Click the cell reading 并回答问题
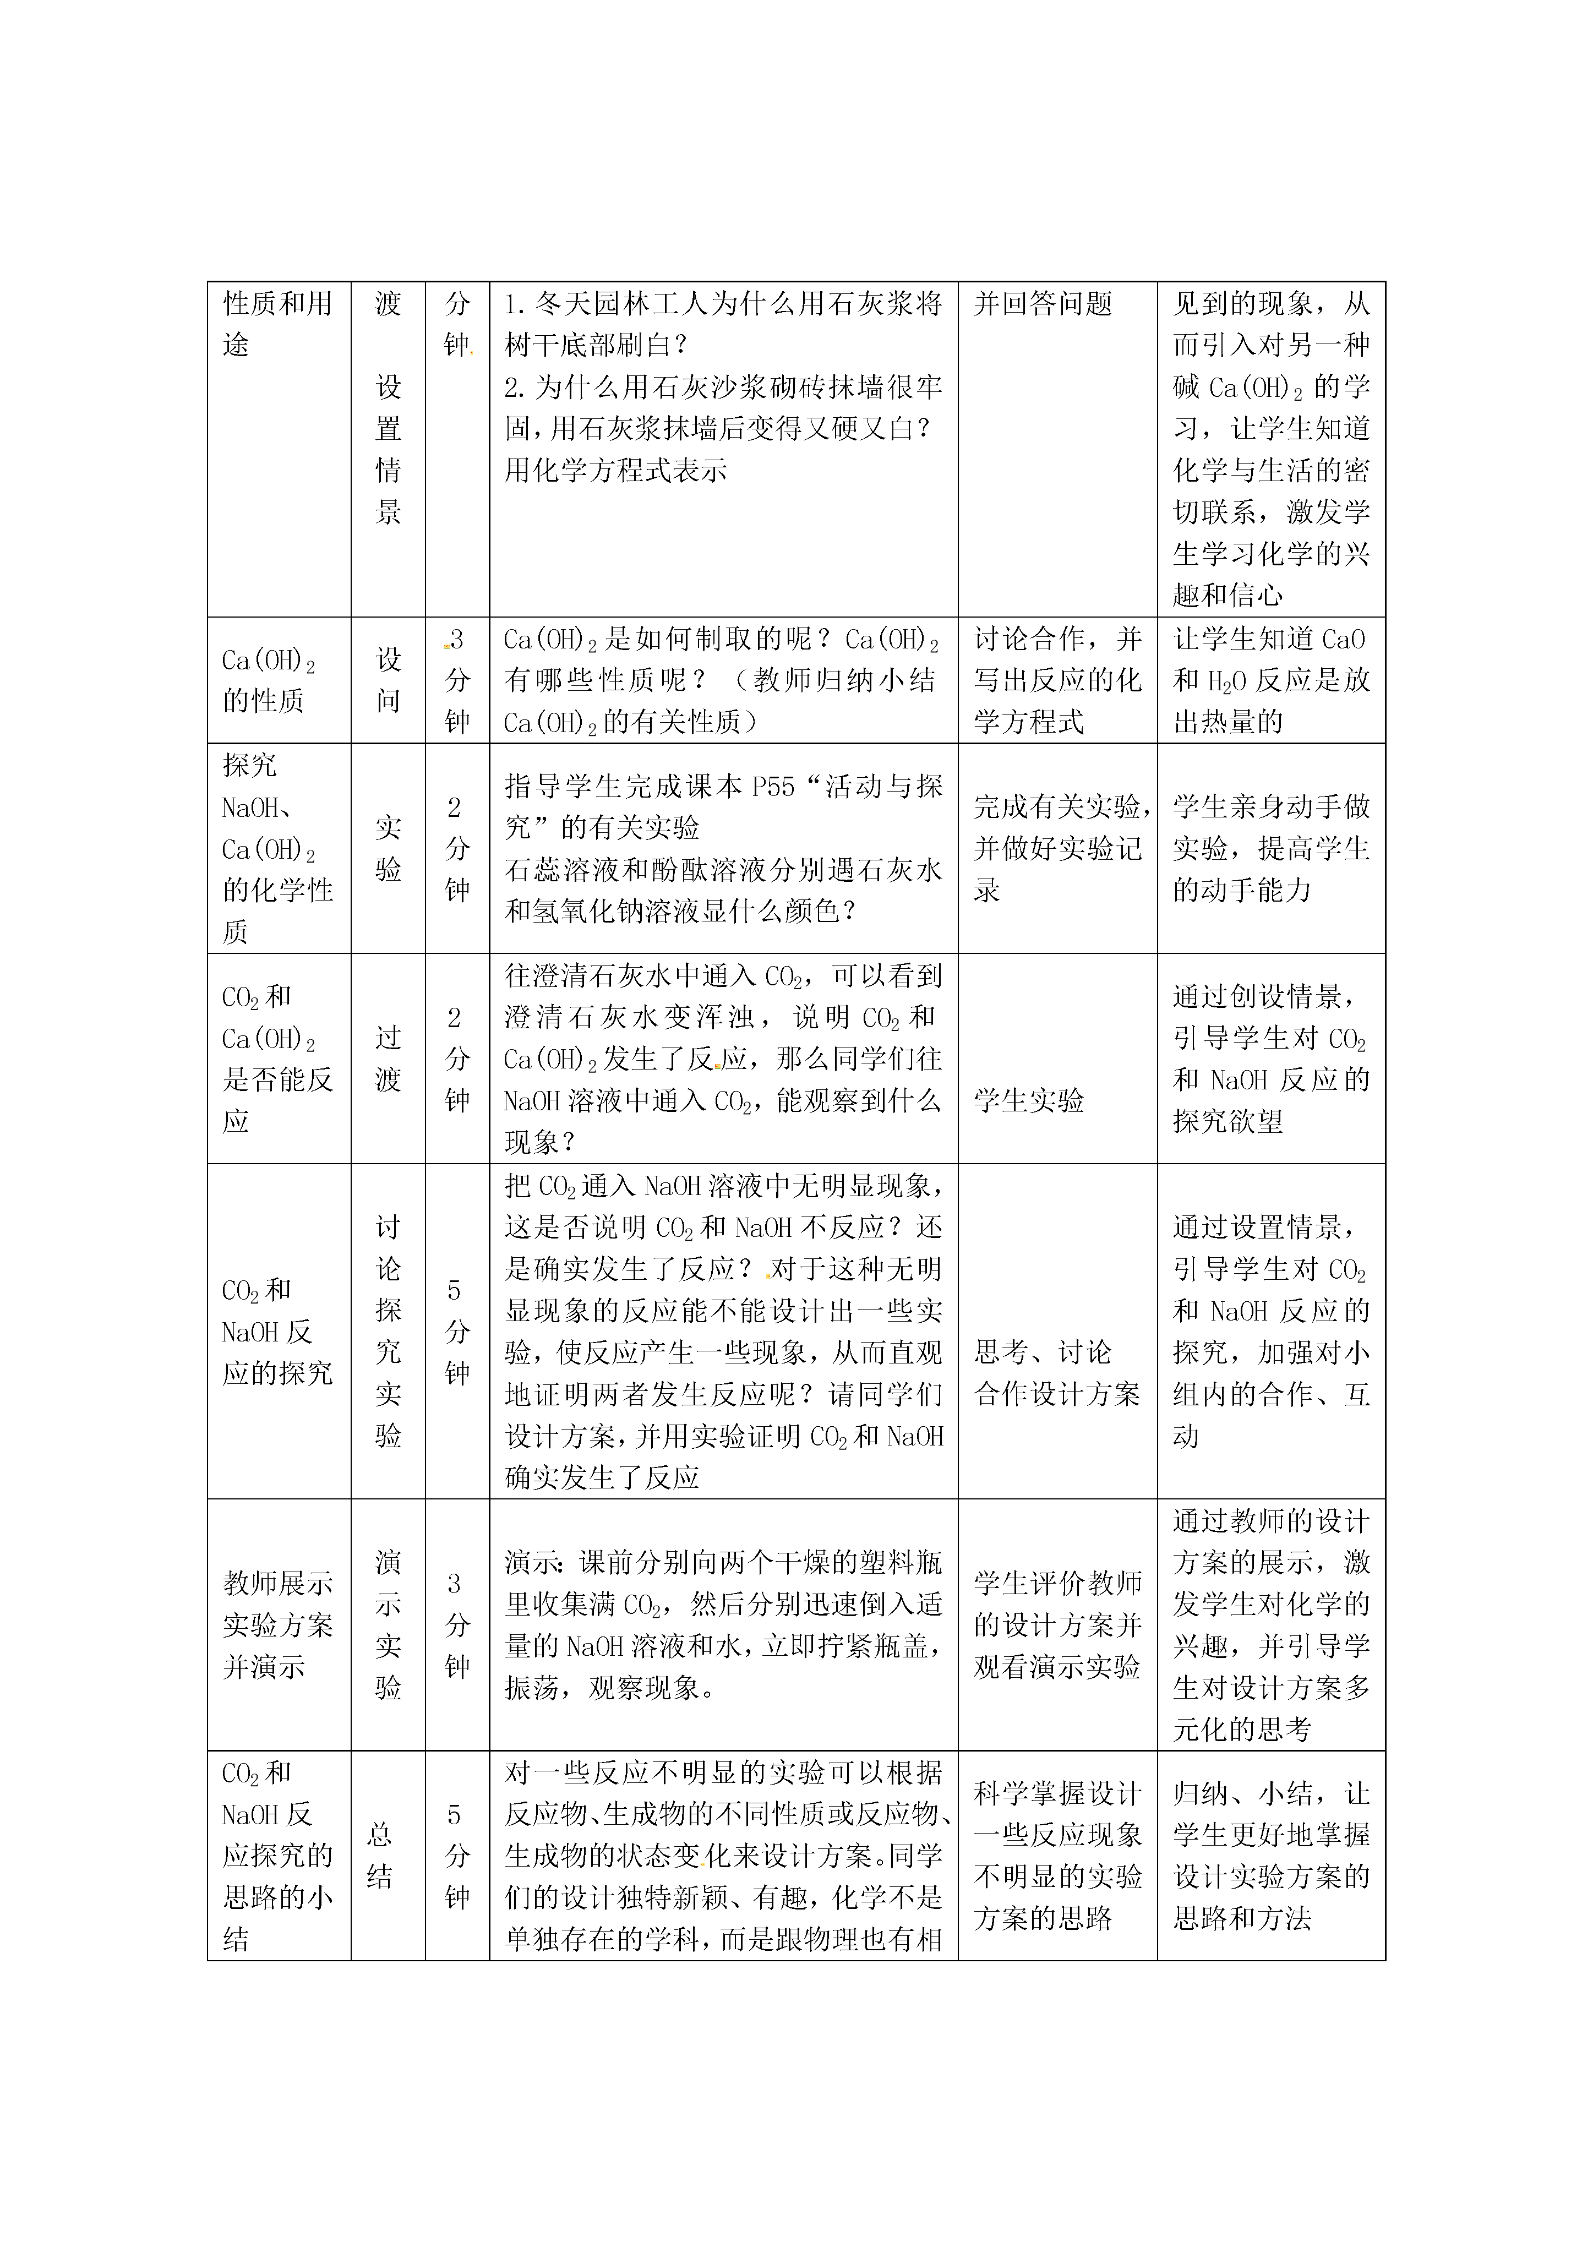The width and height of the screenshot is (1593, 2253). click(x=1043, y=304)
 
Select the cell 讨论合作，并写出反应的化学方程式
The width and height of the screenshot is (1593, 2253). click(x=1057, y=680)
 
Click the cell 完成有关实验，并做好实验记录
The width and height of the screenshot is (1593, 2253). click(x=1057, y=848)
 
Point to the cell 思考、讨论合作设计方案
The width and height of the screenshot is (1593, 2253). click(x=1057, y=1373)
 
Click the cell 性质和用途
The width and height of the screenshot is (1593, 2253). click(x=278, y=324)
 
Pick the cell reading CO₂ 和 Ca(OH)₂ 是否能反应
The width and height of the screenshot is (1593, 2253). click(x=278, y=1058)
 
